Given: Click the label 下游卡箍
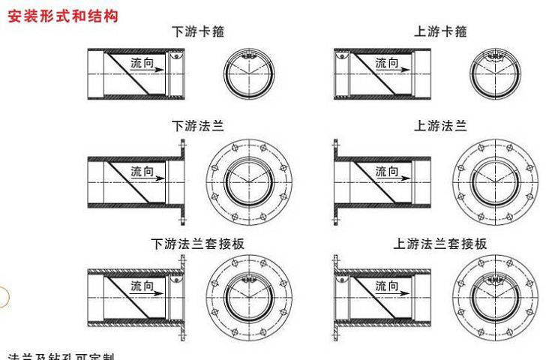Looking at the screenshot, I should pyautogui.click(x=198, y=31).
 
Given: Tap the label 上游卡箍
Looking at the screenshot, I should pyautogui.click(x=440, y=31).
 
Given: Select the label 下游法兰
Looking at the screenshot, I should pyautogui.click(x=198, y=126).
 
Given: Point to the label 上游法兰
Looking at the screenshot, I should pyautogui.click(x=440, y=126).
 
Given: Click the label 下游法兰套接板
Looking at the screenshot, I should pyautogui.click(x=198, y=244).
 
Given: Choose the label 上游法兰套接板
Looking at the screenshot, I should pyautogui.click(x=440, y=244).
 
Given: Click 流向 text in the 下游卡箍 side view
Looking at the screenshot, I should pyautogui.click(x=142, y=63).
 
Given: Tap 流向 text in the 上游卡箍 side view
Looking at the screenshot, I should pyautogui.click(x=387, y=63).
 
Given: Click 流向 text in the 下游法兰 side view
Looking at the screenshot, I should pyautogui.click(x=142, y=172).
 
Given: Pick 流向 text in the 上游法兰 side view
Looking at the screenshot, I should pyautogui.click(x=387, y=172).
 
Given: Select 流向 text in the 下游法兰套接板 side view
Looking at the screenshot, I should pyautogui.click(x=142, y=286).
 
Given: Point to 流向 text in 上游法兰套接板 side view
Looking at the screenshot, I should pyautogui.click(x=387, y=286).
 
